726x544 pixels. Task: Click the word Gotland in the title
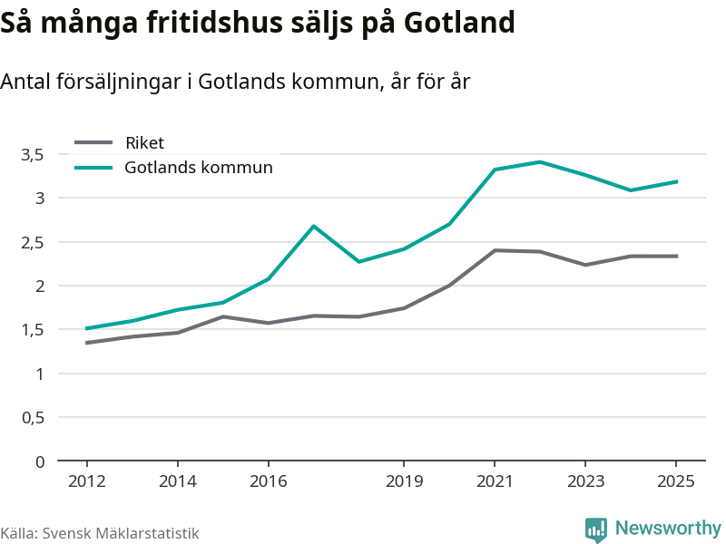point(459,22)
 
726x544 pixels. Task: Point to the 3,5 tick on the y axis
point(33,154)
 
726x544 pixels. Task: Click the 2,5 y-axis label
point(33,242)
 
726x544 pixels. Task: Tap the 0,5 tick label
point(33,418)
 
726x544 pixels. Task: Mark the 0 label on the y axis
point(40,461)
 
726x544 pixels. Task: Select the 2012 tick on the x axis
point(86,481)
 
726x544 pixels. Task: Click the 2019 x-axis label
point(404,481)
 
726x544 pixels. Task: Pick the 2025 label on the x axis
point(676,481)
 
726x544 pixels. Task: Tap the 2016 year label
point(268,481)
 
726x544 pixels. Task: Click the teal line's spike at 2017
point(313,226)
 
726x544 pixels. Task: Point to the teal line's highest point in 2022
point(540,162)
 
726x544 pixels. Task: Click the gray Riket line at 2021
point(495,250)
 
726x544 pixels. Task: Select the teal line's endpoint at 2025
point(677,181)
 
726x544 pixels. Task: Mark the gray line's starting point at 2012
point(86,343)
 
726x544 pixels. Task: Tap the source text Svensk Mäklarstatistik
point(121,533)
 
